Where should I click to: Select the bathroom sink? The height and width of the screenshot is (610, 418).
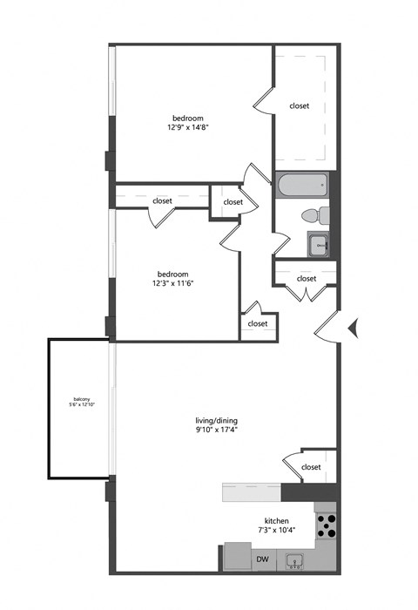coord(319,246)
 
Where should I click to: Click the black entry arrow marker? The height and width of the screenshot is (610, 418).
coord(354,328)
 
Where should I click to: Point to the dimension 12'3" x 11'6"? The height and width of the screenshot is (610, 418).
coord(174,282)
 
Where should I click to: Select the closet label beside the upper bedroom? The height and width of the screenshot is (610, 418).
coord(299,106)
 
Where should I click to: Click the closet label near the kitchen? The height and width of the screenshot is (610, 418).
coord(311,467)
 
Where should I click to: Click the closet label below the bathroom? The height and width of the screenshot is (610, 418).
coord(306,279)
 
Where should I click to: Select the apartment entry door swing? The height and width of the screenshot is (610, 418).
coord(326,329)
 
